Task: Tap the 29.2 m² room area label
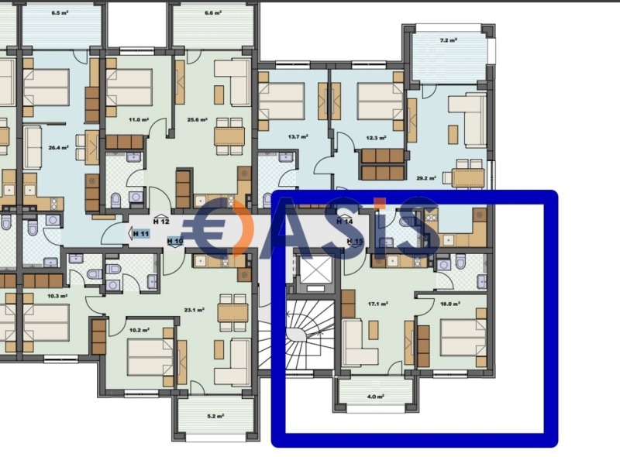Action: tap(425, 178)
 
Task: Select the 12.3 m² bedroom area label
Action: tap(376, 138)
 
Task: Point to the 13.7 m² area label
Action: tap(298, 137)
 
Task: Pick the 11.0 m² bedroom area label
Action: tap(138, 120)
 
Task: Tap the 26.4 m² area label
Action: tap(58, 147)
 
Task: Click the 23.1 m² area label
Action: tap(194, 310)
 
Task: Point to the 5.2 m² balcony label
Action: tap(215, 416)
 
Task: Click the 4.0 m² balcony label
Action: tap(375, 397)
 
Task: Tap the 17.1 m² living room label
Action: tap(377, 304)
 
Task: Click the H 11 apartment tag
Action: tap(141, 234)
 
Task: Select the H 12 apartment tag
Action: tap(161, 222)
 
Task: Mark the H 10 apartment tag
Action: tap(175, 241)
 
